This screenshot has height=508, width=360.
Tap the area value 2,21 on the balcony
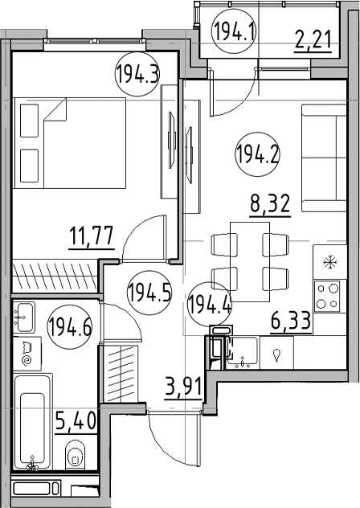[x=313, y=40]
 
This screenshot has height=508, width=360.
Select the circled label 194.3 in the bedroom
[x=138, y=74]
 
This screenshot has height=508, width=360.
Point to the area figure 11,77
[x=92, y=236]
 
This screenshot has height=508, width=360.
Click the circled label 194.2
[x=257, y=155]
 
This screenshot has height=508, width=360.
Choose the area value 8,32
[x=269, y=203]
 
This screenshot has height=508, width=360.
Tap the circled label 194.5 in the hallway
[x=149, y=292]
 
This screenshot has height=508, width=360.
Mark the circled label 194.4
[x=210, y=303]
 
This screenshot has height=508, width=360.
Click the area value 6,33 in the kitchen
[x=291, y=322]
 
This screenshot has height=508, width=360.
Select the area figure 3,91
[x=183, y=387]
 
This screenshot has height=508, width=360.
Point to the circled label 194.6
[x=70, y=327]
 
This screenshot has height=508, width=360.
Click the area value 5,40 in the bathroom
[x=76, y=421]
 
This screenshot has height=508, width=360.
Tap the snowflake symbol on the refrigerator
[x=330, y=262]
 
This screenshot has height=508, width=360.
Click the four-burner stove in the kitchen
[x=327, y=297]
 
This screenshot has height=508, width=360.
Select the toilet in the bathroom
[x=76, y=454]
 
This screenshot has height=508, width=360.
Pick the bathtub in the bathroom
[x=33, y=421]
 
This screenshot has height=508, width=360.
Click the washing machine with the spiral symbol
[x=27, y=354]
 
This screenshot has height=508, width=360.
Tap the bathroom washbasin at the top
[x=24, y=317]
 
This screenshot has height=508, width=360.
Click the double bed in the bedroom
[x=70, y=143]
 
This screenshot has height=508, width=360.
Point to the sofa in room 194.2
[x=324, y=158]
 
